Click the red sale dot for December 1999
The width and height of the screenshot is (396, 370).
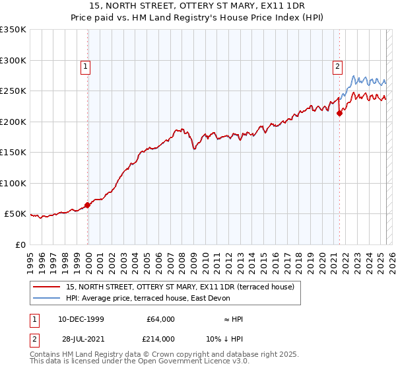88,205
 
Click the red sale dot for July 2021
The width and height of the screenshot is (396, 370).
340,113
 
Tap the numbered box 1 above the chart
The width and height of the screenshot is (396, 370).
86,65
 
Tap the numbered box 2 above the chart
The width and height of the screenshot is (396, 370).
337,65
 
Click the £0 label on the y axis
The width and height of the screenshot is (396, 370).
20,244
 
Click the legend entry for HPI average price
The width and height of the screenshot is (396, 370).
148,299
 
